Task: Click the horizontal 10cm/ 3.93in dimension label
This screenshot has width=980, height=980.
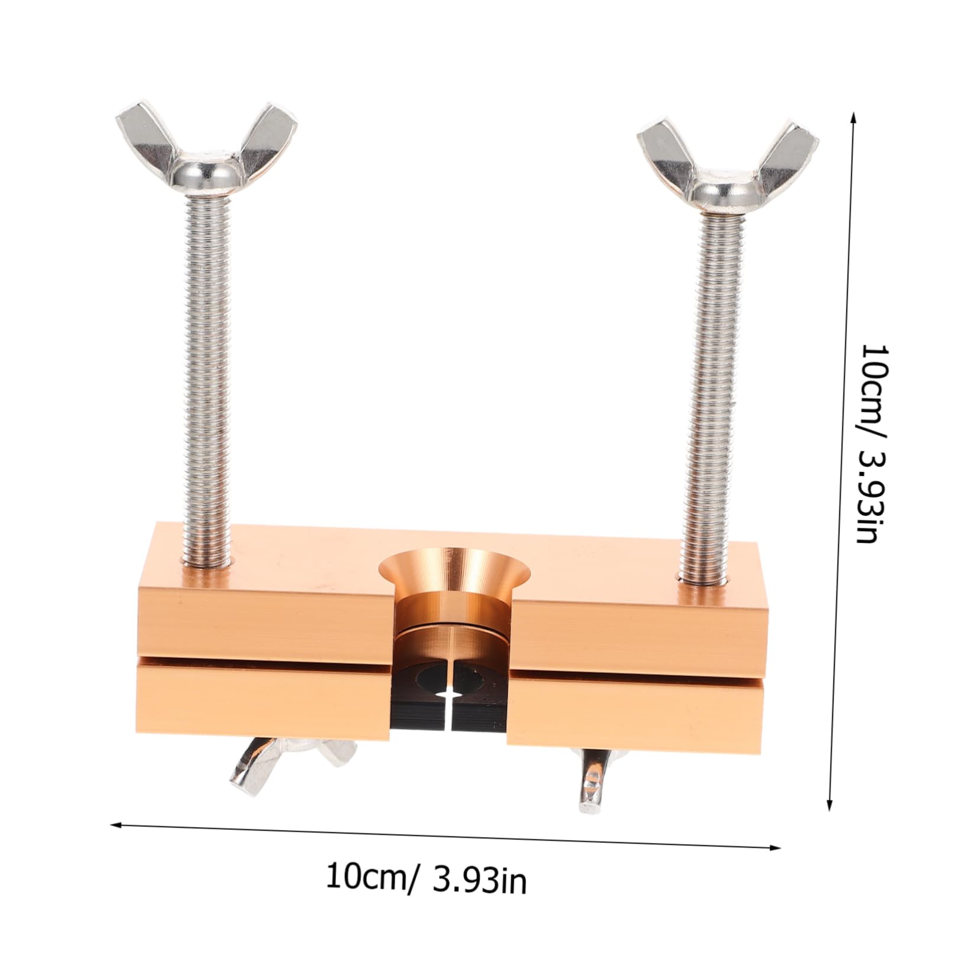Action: coord(425,879)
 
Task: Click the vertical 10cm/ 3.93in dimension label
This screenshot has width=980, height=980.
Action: coord(873,443)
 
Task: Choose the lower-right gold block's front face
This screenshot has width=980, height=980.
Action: coord(635,718)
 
